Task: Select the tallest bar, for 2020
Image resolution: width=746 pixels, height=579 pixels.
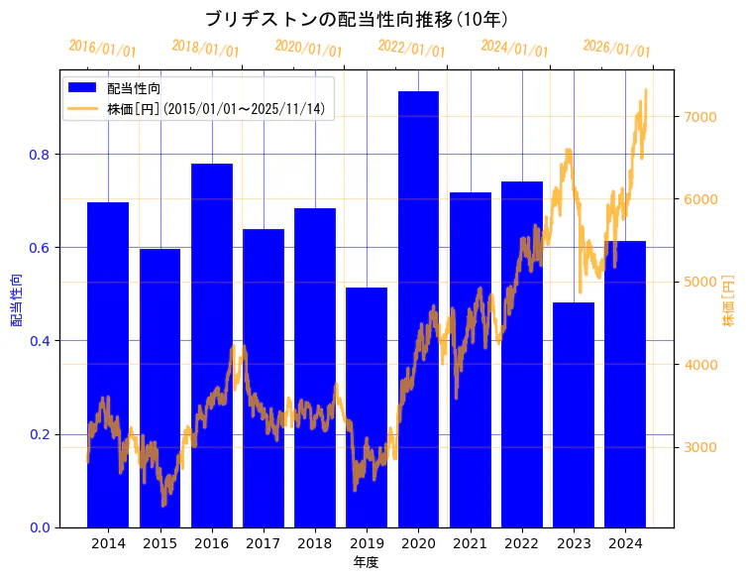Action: click(x=418, y=307)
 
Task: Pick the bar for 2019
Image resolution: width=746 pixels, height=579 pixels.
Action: click(x=367, y=406)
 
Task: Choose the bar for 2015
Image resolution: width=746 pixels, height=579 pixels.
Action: click(x=160, y=388)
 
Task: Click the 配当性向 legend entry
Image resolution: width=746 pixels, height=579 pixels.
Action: click(x=134, y=89)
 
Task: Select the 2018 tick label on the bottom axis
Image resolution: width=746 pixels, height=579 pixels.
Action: click(x=315, y=544)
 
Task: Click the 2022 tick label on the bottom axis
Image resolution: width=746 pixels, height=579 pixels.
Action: click(x=522, y=544)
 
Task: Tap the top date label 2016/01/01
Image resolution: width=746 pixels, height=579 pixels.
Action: click(x=103, y=49)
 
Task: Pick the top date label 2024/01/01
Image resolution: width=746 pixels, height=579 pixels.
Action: click(x=514, y=49)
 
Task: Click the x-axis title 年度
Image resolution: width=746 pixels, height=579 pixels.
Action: click(x=367, y=562)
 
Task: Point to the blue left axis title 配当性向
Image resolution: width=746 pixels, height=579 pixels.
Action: click(x=16, y=300)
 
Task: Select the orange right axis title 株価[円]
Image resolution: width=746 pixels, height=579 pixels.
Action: click(x=728, y=300)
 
